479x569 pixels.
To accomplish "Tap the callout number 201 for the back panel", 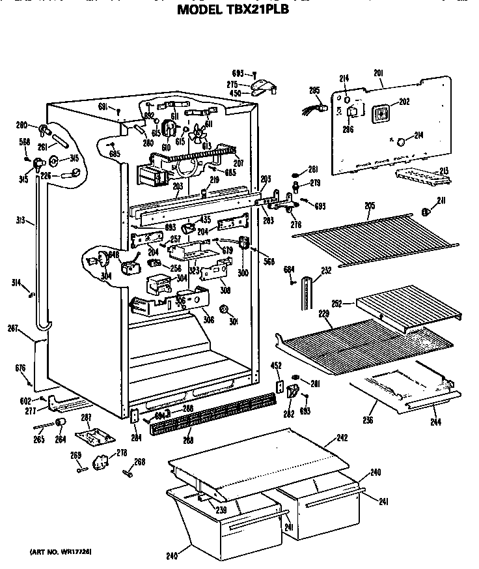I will [379, 73].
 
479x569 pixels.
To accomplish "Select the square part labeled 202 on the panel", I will [380, 113].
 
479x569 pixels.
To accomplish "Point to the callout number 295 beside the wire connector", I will [314, 91].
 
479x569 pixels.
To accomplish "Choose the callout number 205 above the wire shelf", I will [369, 206].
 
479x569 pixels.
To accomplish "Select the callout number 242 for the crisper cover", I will [342, 439].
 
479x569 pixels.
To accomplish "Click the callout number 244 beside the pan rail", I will [435, 422].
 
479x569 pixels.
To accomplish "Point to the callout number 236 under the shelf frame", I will [368, 420].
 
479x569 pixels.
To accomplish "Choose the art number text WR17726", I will [60, 552].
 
